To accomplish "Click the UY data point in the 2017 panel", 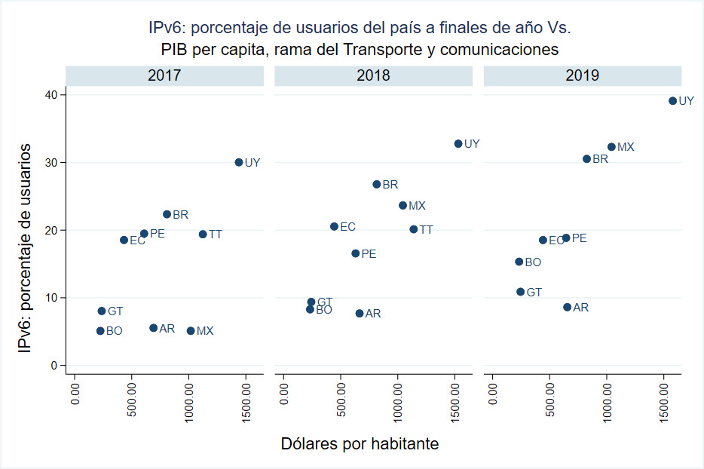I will (x=239, y=162).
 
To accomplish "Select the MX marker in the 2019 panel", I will (x=611, y=147).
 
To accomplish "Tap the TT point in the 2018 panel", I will (x=413, y=229).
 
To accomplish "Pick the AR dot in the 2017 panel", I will (x=154, y=328).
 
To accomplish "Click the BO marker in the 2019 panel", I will (x=519, y=262).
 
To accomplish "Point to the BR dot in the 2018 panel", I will (x=377, y=184).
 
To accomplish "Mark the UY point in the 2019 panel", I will (x=673, y=100).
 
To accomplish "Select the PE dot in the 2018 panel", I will (x=356, y=253).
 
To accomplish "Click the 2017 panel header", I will (x=164, y=75).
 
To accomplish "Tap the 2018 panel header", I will (x=374, y=75).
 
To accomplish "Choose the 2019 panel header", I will (x=583, y=75).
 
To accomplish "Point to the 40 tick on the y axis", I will (x=51, y=95).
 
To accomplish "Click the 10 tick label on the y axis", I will (x=51, y=298).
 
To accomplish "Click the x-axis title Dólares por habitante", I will (x=360, y=444).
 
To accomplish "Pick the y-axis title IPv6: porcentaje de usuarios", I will (x=26, y=247).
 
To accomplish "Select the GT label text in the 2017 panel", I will (x=115, y=311).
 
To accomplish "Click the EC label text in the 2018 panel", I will (x=347, y=226).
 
